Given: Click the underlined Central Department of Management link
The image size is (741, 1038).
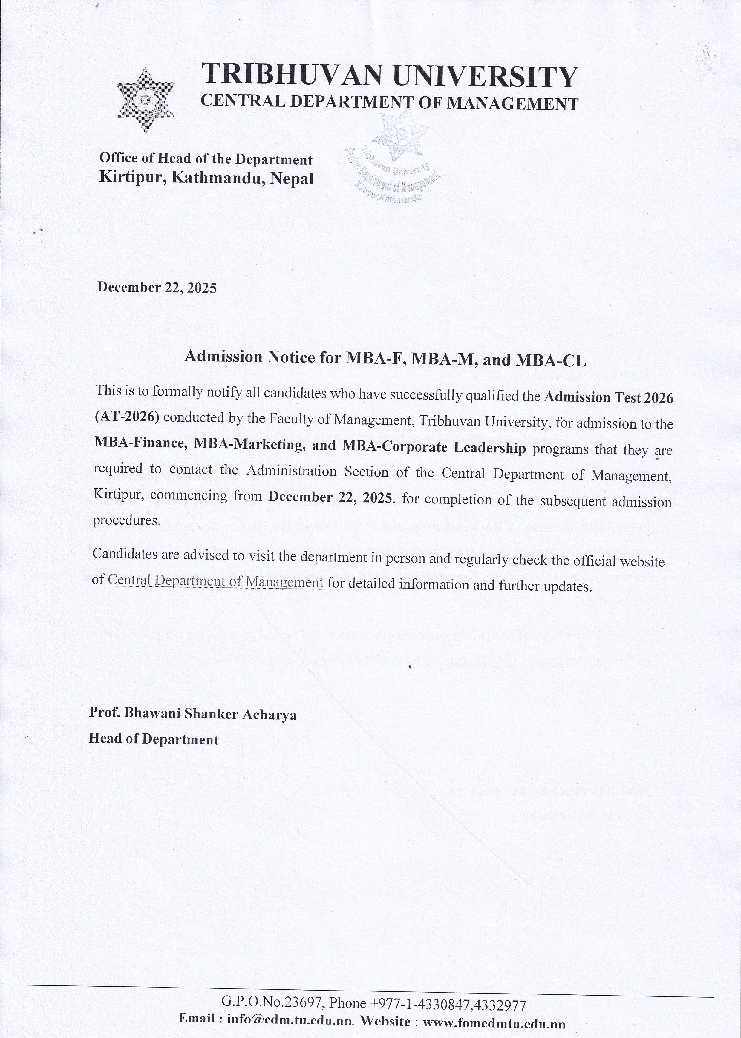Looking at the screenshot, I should pos(215,581).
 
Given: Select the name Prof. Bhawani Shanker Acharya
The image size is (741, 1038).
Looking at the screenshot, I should pos(192,714).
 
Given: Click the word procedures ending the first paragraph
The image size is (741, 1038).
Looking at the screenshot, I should pos(127,521).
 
